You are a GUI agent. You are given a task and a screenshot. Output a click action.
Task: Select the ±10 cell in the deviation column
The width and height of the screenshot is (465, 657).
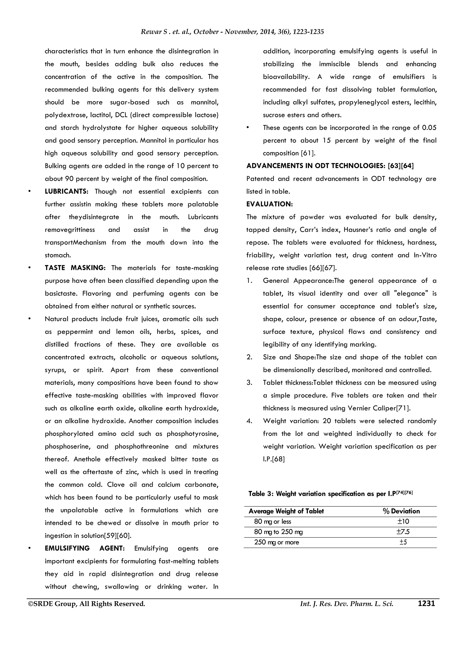tap(403, 521)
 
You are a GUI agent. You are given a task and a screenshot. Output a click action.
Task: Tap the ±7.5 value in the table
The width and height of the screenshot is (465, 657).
tap(403, 532)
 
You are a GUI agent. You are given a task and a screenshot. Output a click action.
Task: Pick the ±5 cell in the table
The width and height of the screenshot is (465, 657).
tap(403, 542)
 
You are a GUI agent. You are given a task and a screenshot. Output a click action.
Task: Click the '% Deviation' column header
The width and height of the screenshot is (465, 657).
tap(401, 511)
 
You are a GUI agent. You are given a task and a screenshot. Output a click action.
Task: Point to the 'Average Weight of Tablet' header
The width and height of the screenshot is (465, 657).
tap(286, 511)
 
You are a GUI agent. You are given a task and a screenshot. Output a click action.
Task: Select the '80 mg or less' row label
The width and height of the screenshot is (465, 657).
tap(272, 521)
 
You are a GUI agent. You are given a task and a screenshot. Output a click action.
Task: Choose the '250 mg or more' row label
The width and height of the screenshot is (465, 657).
tap(276, 542)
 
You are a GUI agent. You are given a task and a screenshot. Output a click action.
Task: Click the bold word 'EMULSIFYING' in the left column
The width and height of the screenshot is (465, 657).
tap(67, 548)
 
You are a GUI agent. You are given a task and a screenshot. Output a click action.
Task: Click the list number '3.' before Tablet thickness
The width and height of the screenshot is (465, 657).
tap(249, 382)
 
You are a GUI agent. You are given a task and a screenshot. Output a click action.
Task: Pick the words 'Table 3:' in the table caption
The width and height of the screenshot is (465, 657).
tap(261, 494)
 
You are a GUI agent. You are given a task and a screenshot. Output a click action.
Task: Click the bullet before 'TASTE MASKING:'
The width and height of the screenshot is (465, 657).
tap(29, 268)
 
